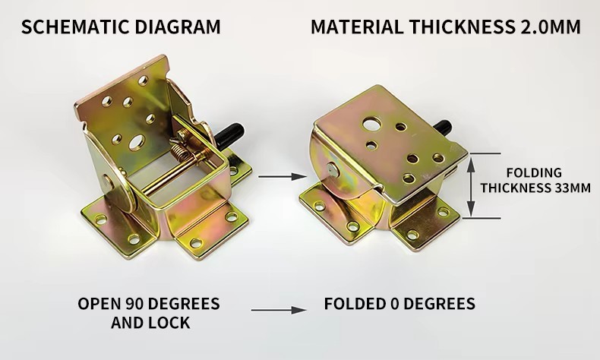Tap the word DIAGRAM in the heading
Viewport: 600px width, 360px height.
[178, 27]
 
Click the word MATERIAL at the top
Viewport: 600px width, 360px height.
[357, 27]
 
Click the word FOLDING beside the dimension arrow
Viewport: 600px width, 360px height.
[534, 173]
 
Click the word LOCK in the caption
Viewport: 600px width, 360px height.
[169, 323]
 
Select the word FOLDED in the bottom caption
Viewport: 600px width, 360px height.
[355, 304]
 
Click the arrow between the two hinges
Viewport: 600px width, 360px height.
[283, 176]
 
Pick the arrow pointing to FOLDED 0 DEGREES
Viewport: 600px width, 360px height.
[279, 311]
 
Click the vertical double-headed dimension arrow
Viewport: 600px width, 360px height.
[472, 186]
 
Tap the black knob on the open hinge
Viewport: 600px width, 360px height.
[229, 135]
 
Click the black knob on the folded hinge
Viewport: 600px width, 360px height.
[443, 128]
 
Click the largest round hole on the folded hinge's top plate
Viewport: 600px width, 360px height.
[372, 124]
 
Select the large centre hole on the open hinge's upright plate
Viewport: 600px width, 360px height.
[137, 142]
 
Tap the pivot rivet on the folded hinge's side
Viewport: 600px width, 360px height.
[333, 170]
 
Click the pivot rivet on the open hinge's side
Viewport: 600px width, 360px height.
[108, 183]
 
